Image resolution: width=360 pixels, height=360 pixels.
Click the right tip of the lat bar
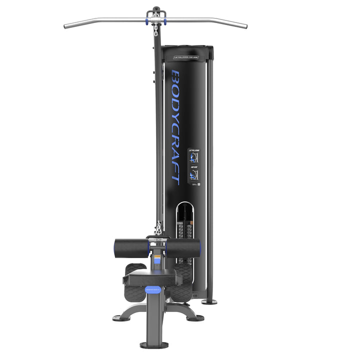click(x=245, y=26)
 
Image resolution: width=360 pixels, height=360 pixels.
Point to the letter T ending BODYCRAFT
click(x=176, y=176)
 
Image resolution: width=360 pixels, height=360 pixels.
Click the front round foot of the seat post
click(x=154, y=344)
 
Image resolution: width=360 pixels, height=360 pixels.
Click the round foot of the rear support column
click(x=209, y=301)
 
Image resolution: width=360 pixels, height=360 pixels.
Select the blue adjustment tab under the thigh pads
click(x=156, y=259)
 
